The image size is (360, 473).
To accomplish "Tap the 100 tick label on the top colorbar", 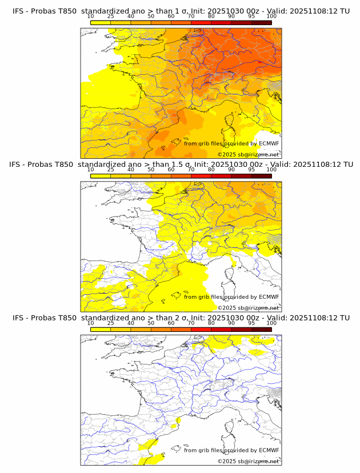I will [x=271, y=17].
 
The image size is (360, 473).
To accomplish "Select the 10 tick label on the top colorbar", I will [x=91, y=17].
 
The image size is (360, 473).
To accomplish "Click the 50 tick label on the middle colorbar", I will [x=151, y=170].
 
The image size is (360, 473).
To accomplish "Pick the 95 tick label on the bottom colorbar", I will [x=251, y=323].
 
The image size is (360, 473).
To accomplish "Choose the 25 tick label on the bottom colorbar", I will [x=111, y=323].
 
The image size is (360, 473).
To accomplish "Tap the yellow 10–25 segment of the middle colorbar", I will [x=101, y=176].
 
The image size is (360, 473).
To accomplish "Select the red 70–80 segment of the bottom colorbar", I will [x=201, y=330].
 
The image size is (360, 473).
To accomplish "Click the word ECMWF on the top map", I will [x=269, y=144].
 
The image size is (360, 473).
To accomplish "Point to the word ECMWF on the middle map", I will [x=269, y=297].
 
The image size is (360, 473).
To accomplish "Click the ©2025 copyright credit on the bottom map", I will [x=249, y=461].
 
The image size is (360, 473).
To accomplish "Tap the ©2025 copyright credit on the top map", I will [x=249, y=154].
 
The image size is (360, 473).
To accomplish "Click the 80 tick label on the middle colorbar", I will [x=211, y=170].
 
